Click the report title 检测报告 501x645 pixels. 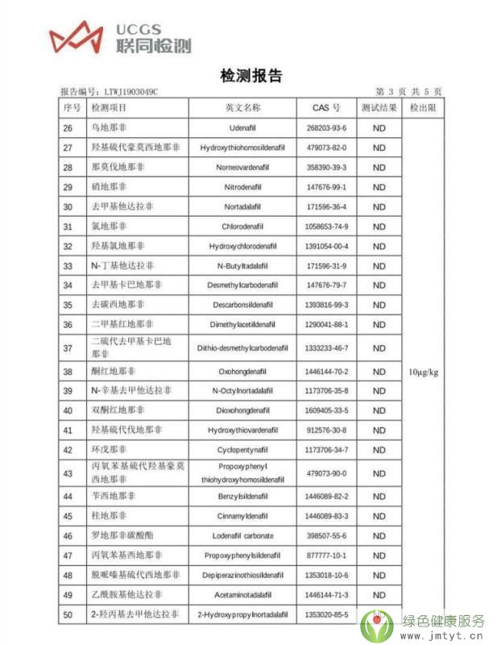[x=251, y=76]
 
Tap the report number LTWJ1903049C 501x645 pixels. [x=131, y=93]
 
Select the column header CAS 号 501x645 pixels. [x=326, y=108]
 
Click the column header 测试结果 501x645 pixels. [x=379, y=108]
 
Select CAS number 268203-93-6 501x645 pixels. [x=326, y=129]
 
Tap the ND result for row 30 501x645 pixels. [x=379, y=207]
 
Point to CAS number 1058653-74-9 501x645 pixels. [x=326, y=227]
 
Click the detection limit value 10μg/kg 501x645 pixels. [x=424, y=372]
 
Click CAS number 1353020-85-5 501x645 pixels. [x=326, y=614]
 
